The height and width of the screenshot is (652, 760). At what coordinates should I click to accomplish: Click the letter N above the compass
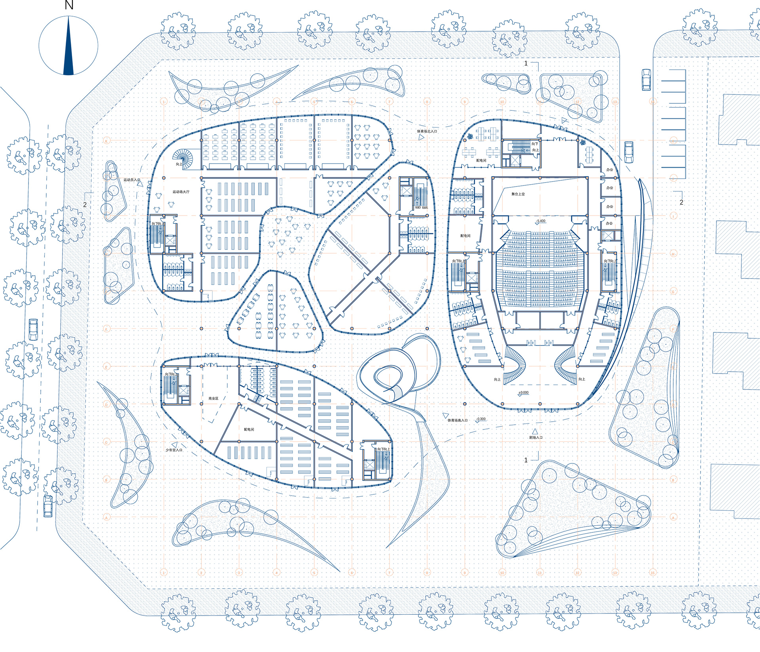point(69,5)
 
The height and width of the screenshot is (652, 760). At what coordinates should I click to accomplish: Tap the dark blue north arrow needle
point(68,48)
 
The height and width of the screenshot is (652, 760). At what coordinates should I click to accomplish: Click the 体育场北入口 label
point(427,131)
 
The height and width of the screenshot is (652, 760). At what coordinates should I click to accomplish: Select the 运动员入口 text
point(131,180)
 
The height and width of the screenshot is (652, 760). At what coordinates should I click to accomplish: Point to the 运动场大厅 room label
point(181,192)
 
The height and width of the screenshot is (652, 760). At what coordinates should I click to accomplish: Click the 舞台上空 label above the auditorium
point(518,194)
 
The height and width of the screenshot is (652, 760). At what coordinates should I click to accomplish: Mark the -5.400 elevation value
point(540,221)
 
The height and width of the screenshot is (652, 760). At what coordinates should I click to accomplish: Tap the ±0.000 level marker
point(523,393)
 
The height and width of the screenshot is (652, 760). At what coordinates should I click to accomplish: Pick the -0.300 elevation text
point(481,419)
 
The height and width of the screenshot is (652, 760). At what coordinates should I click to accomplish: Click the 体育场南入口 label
point(458,420)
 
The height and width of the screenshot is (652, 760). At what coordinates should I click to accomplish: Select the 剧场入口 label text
point(536,438)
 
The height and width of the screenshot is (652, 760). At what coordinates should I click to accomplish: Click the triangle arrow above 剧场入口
point(535,431)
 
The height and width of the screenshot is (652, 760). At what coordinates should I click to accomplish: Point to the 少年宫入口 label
point(174,450)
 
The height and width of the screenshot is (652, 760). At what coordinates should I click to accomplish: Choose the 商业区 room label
point(213,398)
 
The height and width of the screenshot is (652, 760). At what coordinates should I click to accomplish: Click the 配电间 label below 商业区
point(249,429)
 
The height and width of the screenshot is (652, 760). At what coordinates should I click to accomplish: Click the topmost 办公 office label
point(610,170)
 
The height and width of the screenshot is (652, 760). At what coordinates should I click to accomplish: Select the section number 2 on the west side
point(85,205)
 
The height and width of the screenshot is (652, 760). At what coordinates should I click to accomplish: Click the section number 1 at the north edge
point(526,63)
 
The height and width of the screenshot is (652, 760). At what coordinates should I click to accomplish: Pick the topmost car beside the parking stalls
point(646,79)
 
